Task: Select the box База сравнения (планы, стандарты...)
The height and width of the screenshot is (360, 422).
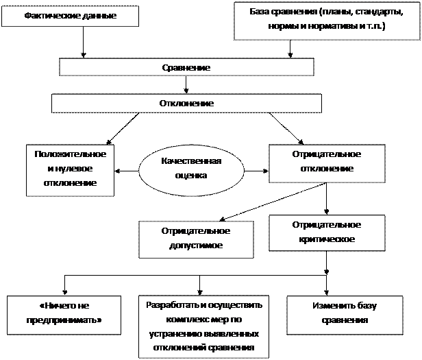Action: click(x=326, y=21)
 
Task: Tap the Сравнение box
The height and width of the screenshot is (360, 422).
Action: click(x=186, y=67)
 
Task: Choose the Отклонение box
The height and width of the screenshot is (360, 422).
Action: click(x=186, y=104)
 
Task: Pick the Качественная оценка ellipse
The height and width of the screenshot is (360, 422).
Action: click(x=191, y=168)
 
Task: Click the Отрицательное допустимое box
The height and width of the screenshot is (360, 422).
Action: click(x=195, y=238)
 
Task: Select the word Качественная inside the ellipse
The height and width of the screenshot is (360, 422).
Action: click(x=191, y=161)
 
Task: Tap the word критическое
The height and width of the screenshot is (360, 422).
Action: click(x=326, y=239)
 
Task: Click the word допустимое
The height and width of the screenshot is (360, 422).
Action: click(x=195, y=245)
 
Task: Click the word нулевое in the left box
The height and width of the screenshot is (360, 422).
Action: click(x=71, y=169)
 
